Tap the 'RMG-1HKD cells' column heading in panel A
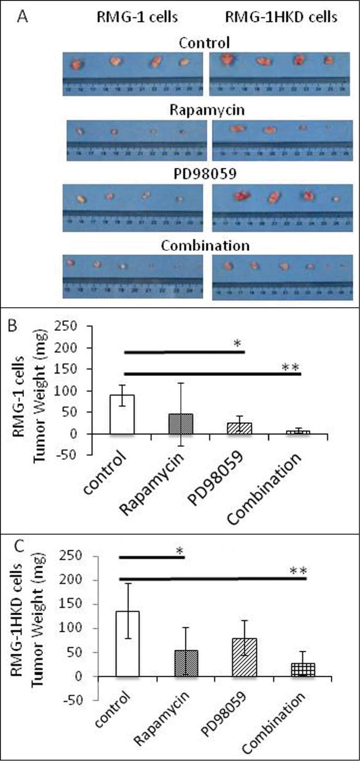pos(281,18)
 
